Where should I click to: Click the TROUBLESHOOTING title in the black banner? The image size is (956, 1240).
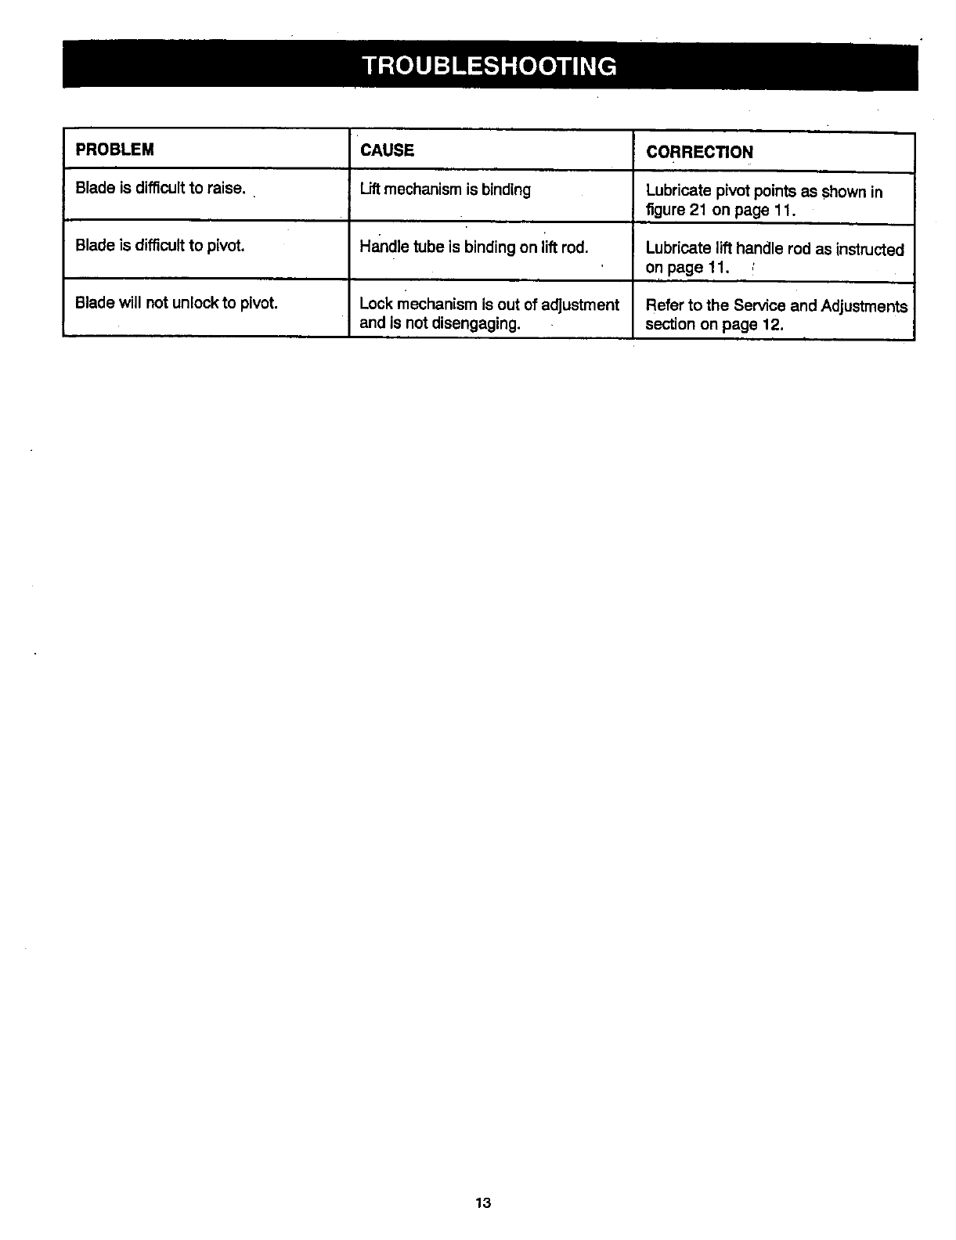[x=489, y=64]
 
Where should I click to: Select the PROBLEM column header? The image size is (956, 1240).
[x=114, y=150]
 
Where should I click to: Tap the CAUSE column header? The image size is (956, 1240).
[x=387, y=150]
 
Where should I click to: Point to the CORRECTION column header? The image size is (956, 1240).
[x=699, y=152]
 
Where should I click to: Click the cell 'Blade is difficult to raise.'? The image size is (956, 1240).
[x=161, y=189]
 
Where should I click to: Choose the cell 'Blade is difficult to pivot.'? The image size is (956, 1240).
[x=160, y=246]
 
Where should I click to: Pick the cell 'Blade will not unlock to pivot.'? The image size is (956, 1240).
[x=177, y=303]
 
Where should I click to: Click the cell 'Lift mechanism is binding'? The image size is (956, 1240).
[x=445, y=189]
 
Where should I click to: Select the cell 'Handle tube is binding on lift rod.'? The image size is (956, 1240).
[x=474, y=247]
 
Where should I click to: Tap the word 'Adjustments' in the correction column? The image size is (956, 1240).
[x=864, y=306]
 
